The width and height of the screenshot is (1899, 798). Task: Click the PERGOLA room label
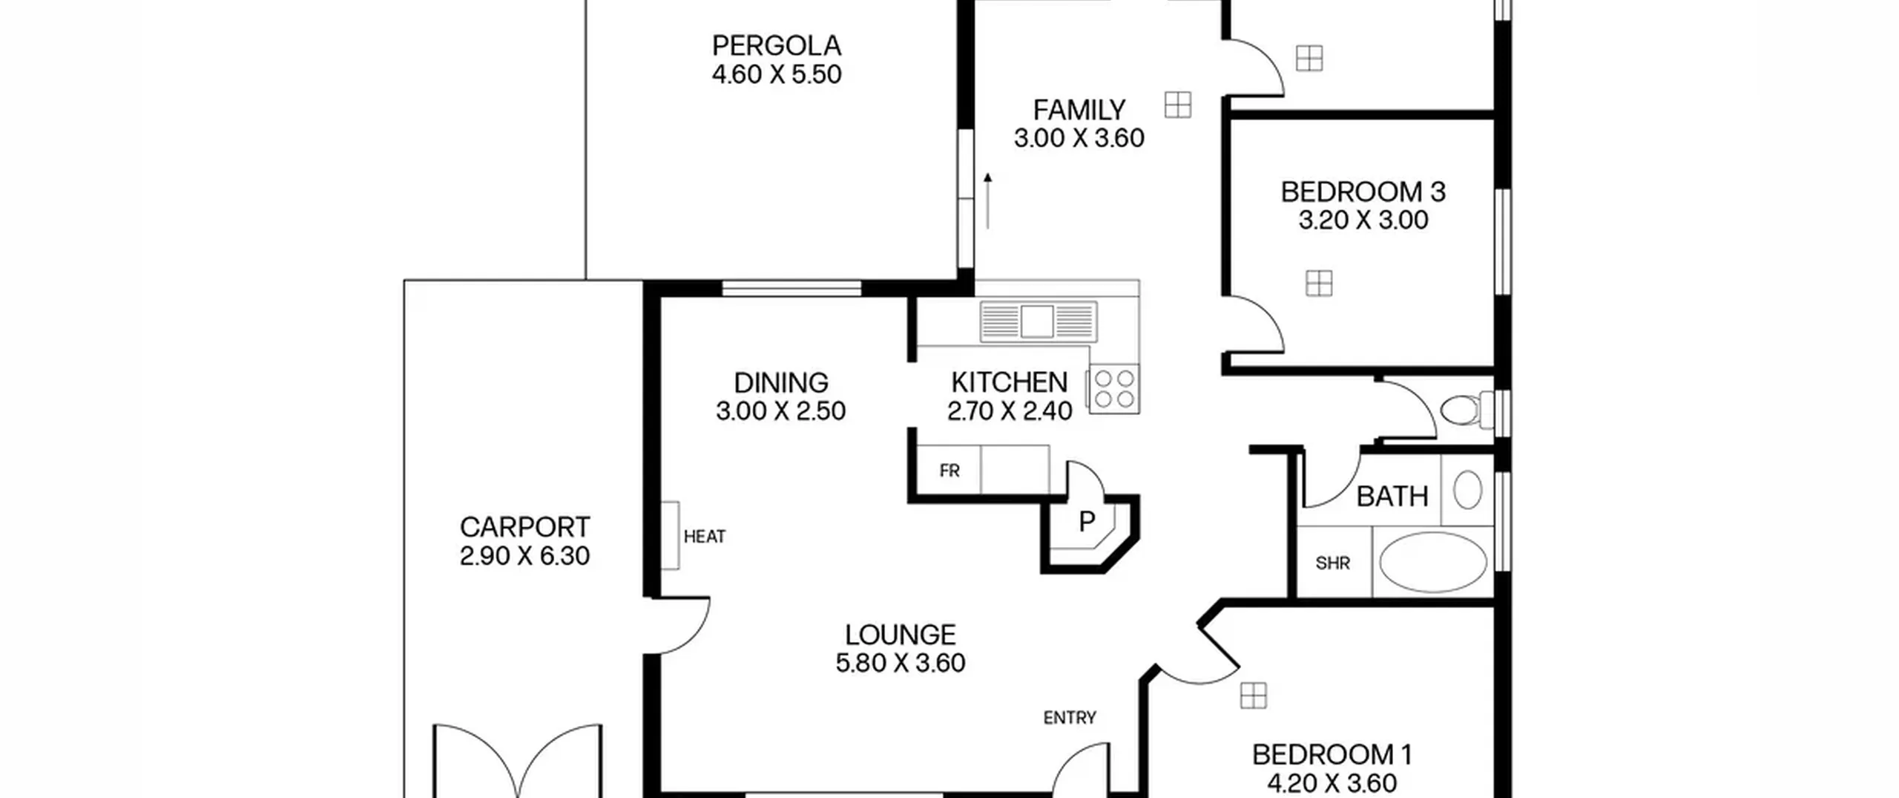pos(777,46)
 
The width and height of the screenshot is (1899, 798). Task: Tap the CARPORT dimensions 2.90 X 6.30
pos(524,556)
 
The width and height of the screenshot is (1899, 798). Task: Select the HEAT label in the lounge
pos(705,537)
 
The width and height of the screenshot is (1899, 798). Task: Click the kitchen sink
pos(1038,321)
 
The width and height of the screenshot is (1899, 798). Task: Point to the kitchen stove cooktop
pos(1114,389)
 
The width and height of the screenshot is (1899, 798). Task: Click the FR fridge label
pos(949,471)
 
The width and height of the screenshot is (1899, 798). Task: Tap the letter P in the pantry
pos(1087,522)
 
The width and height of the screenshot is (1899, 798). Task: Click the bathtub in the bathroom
pos(1432,562)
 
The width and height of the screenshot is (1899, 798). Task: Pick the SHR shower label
pos(1332,563)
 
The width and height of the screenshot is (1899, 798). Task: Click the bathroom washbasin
pos(1467,490)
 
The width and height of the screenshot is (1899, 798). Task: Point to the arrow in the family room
pos(987,201)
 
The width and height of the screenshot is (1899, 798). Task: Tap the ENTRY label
pos(1070,718)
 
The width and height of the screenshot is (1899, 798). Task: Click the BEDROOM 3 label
pos(1363,192)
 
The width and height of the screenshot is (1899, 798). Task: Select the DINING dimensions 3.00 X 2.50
pos(780,411)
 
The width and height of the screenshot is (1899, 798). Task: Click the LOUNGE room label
pos(901,635)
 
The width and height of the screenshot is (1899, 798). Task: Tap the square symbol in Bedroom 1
pos(1254,696)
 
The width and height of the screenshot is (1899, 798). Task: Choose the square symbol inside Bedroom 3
pos(1319,283)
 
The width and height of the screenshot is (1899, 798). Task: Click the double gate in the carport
pos(518,761)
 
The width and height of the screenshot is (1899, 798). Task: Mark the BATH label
pos(1392,497)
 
